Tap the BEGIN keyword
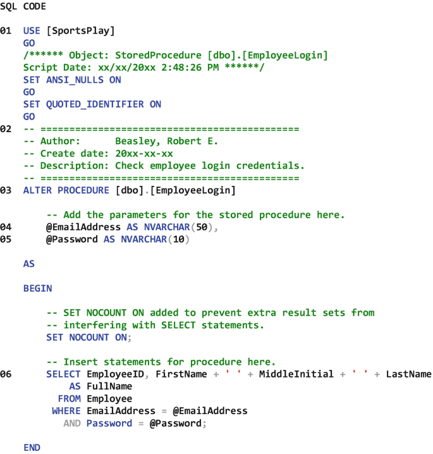(x=37, y=288)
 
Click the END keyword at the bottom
(x=32, y=448)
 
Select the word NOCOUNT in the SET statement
(x=88, y=338)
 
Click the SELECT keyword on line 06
(x=63, y=374)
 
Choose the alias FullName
(x=109, y=386)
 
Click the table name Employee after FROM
(x=109, y=399)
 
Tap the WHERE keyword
(x=66, y=411)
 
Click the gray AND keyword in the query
(x=71, y=424)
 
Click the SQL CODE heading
(x=23, y=6)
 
